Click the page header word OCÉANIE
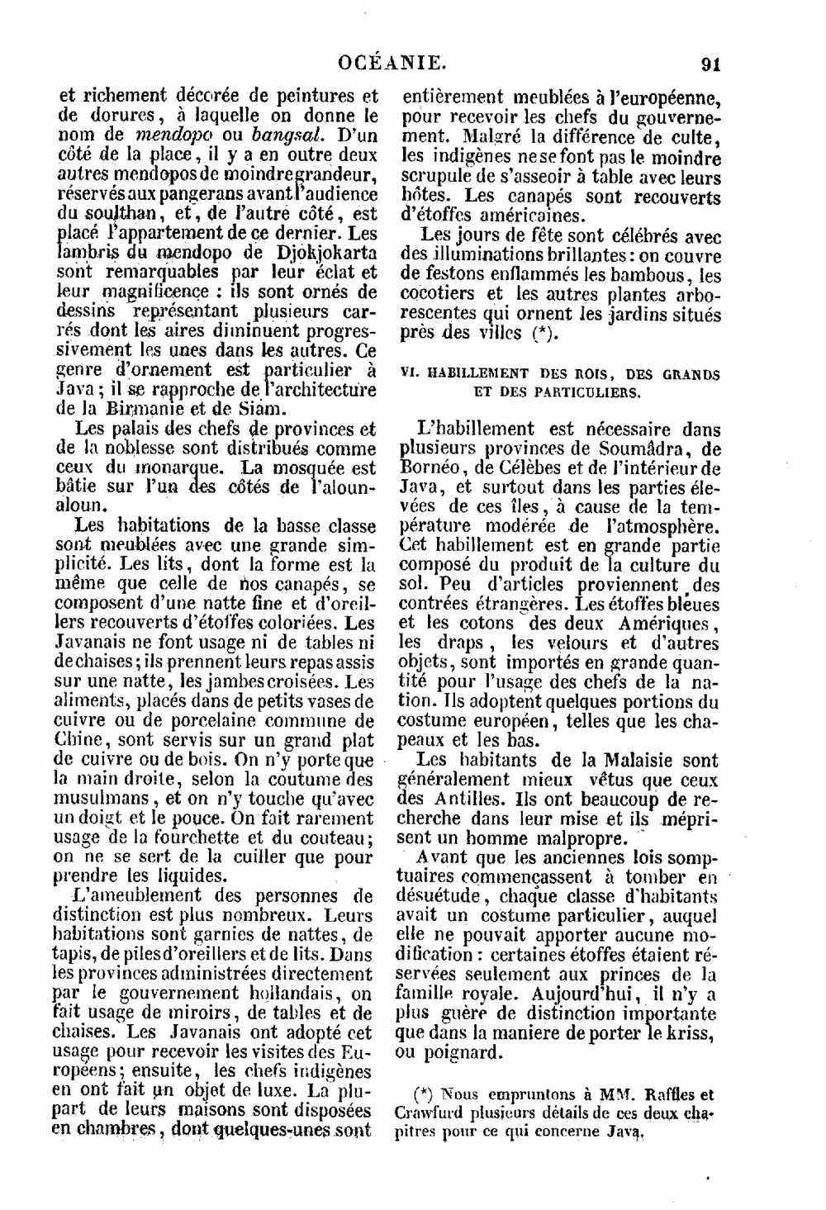[x=392, y=61]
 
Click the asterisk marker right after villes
[x=543, y=335]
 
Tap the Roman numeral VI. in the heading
[x=407, y=374]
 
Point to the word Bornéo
[x=429, y=468]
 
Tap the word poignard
[x=462, y=1054]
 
